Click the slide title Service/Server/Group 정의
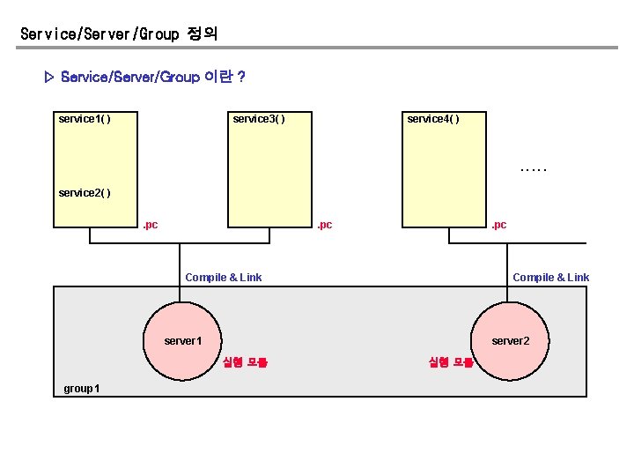pos(119,34)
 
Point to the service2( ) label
pos(84,192)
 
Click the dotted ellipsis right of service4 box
pos(534,167)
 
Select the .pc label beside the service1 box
pos(150,226)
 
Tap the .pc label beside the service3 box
pos(324,226)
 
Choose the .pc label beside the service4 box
pos(498,226)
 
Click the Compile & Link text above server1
pos(223,278)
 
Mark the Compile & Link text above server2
pos(550,278)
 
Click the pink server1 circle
pos(183,341)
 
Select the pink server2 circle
pos(511,341)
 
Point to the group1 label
pos(82,389)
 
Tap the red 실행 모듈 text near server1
pos(245,362)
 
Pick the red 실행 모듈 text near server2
pos(451,362)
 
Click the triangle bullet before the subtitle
pos(49,78)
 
